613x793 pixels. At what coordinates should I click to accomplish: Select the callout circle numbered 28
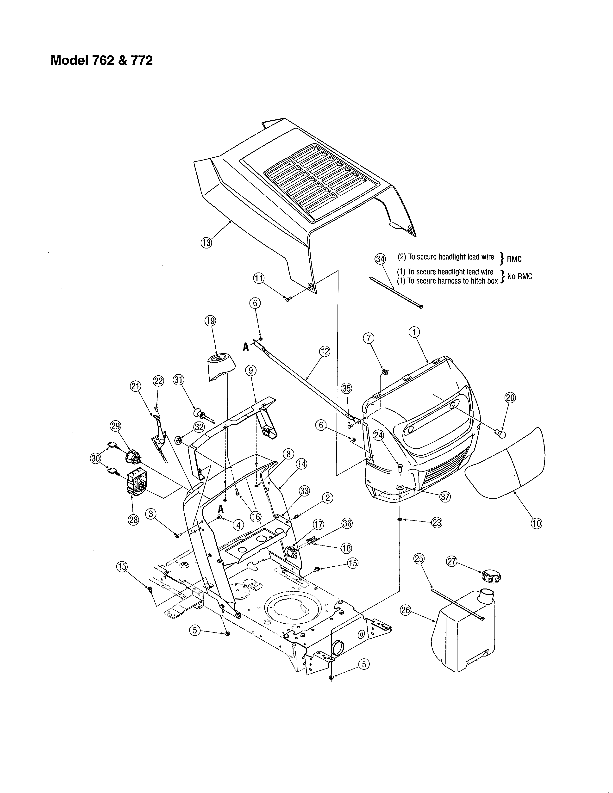tap(134, 520)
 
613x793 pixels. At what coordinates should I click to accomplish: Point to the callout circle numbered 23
tap(437, 522)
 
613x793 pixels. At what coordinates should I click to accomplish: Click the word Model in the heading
tap(69, 60)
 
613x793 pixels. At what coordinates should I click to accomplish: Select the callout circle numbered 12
tap(325, 351)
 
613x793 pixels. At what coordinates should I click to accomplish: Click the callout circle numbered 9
tap(250, 370)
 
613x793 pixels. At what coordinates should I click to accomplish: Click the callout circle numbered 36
tap(347, 523)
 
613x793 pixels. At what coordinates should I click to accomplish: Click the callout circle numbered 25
tap(419, 559)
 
